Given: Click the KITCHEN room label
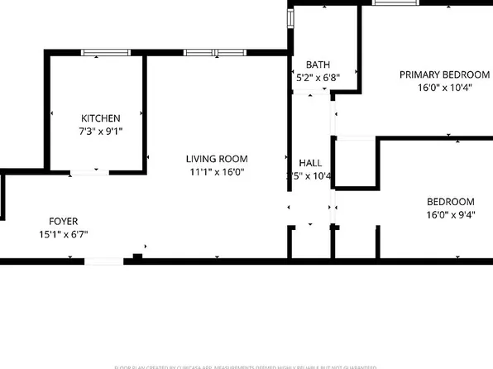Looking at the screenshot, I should click(101, 118).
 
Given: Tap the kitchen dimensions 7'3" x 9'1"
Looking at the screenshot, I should click(101, 131).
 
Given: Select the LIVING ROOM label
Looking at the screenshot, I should click(217, 159).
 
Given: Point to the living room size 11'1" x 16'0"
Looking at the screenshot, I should click(217, 172).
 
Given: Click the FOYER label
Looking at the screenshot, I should click(63, 221).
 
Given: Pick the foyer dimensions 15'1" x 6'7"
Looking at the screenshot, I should click(63, 234).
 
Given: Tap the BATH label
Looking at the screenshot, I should click(318, 65).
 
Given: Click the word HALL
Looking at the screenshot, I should click(310, 163).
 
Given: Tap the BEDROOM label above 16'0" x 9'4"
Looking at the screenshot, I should click(450, 202).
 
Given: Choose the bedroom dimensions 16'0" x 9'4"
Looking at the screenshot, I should click(450, 215).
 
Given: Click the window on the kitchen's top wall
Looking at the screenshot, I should click(105, 53).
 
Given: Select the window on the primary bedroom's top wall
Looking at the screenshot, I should click(396, 3).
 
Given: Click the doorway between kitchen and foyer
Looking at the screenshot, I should click(86, 172).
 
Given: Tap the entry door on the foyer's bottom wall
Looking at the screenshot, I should click(105, 261).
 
